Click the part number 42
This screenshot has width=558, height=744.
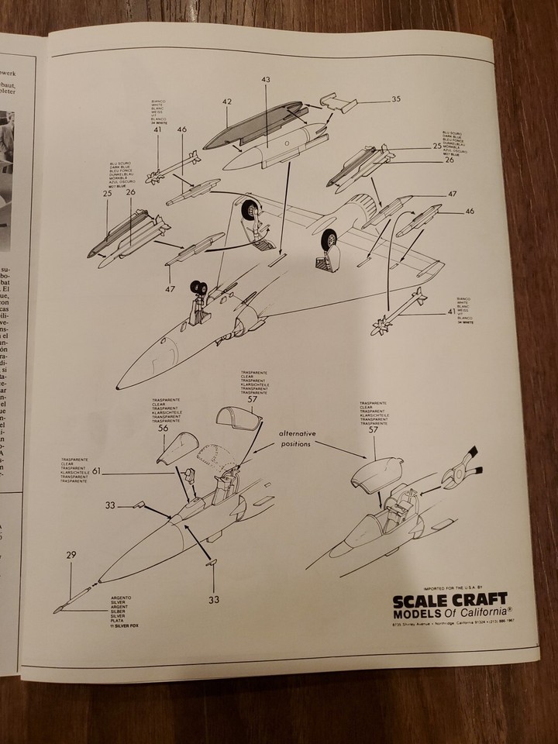coord(228,101)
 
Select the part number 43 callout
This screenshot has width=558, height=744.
coord(266,80)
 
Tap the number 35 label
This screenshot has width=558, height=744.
coord(396,99)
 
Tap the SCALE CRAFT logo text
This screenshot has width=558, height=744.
coord(450,599)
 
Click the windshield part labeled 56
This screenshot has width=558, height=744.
coord(180,458)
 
